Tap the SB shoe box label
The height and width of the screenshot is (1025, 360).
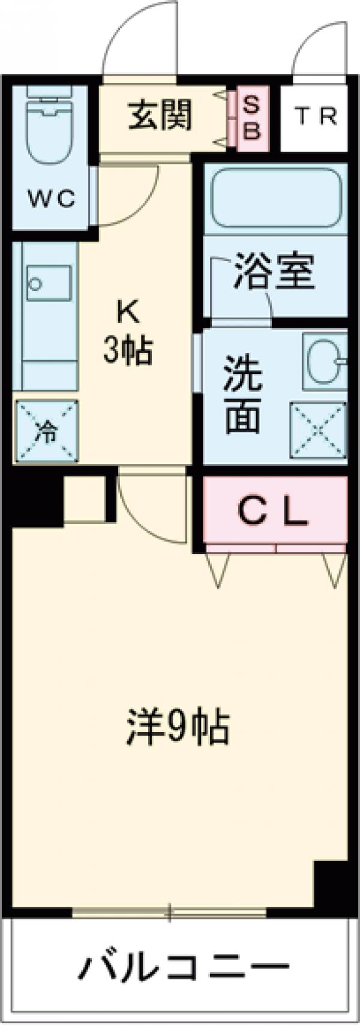coord(253,118)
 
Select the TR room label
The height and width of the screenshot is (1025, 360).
coord(316,116)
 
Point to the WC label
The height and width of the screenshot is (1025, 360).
coord(52,199)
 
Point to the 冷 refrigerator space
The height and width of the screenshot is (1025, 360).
coord(46,431)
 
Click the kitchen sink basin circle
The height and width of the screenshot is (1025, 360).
coord(37,283)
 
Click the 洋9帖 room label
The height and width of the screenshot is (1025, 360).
coord(178,728)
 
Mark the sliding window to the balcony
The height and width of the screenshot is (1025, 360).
coord(169,913)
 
